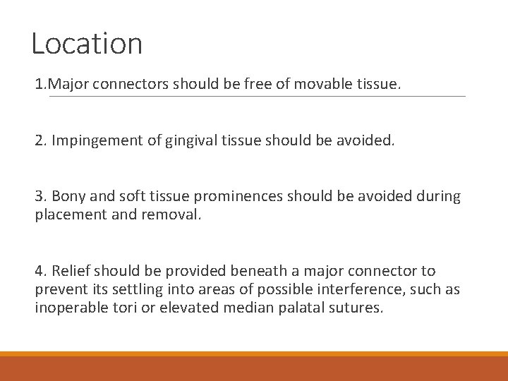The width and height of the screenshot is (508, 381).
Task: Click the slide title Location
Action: tap(87, 44)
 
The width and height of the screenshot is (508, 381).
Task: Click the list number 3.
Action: tap(40, 196)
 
